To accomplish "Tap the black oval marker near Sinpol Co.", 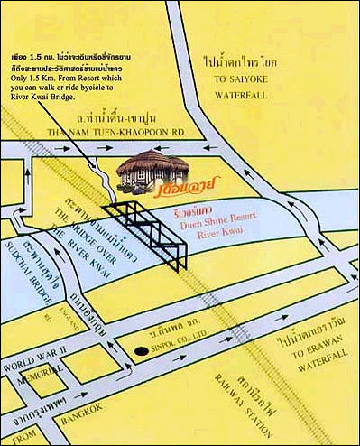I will click(x=140, y=350).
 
